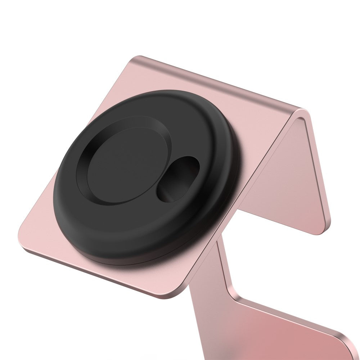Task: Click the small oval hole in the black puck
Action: (177, 179)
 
